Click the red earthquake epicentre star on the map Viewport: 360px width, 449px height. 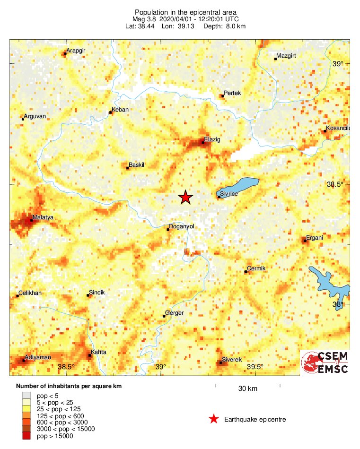(185, 198)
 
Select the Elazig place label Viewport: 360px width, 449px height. (212, 139)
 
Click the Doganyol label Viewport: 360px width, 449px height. (182, 226)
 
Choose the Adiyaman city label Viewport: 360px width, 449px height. (38, 357)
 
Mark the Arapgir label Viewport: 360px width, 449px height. (75, 51)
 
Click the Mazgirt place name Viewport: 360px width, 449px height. (286, 56)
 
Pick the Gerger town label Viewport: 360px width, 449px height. (174, 312)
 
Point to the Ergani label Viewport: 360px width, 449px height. (315, 237)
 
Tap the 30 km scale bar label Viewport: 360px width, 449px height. (247, 389)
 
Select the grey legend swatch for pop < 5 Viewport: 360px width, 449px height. (26, 394)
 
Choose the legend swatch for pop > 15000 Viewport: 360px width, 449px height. (26, 436)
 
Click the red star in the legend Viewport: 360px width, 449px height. (214, 419)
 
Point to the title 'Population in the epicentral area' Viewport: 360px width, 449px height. (185, 12)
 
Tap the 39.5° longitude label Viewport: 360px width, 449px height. (255, 367)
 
